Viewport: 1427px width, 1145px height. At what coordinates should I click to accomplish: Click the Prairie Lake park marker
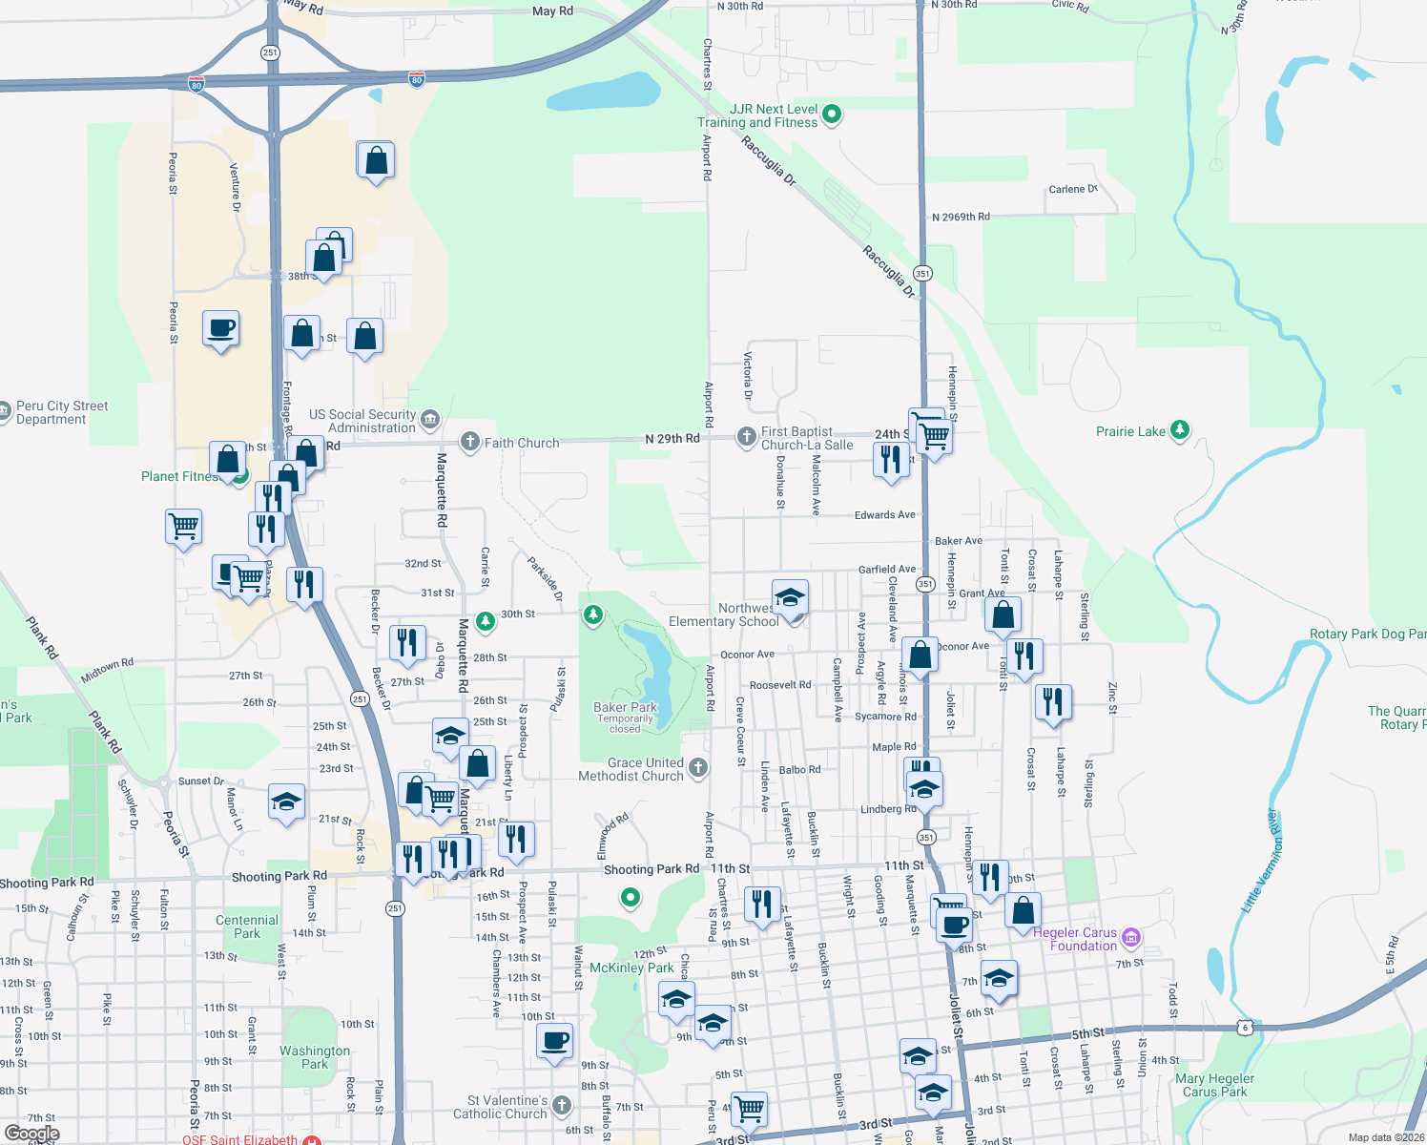pos(1180,430)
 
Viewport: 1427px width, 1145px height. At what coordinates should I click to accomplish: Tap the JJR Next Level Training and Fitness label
pos(757,116)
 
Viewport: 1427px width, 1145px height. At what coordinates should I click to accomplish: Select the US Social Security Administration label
pos(362,421)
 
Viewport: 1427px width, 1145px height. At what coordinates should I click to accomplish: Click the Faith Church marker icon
pos(469,442)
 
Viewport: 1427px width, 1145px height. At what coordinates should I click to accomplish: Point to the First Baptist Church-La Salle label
pos(807,439)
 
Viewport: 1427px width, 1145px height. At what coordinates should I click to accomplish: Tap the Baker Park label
pos(626,708)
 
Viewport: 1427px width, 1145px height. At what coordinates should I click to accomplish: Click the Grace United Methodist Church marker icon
pos(698,768)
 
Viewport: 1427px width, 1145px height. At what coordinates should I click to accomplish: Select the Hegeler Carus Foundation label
pos(1075,939)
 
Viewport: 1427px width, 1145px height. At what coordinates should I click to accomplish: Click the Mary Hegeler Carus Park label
pos(1214,1085)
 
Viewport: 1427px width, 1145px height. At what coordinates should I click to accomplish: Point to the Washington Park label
pos(315,1057)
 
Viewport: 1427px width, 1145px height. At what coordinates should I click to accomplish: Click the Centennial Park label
pos(247,926)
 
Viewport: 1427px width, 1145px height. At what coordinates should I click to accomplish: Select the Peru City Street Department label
pos(62,412)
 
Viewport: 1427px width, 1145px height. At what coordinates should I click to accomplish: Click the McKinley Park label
pos(631,968)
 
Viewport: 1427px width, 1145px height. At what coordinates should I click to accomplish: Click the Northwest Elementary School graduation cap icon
pos(790,598)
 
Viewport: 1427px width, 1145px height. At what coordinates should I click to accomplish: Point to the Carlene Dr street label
pos(1073,189)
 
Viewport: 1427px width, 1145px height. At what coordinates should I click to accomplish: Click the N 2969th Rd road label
pos(961,218)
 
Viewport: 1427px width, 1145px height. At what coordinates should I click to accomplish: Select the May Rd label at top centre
pos(552,11)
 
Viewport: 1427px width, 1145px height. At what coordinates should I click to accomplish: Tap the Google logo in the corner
pos(31,1134)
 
